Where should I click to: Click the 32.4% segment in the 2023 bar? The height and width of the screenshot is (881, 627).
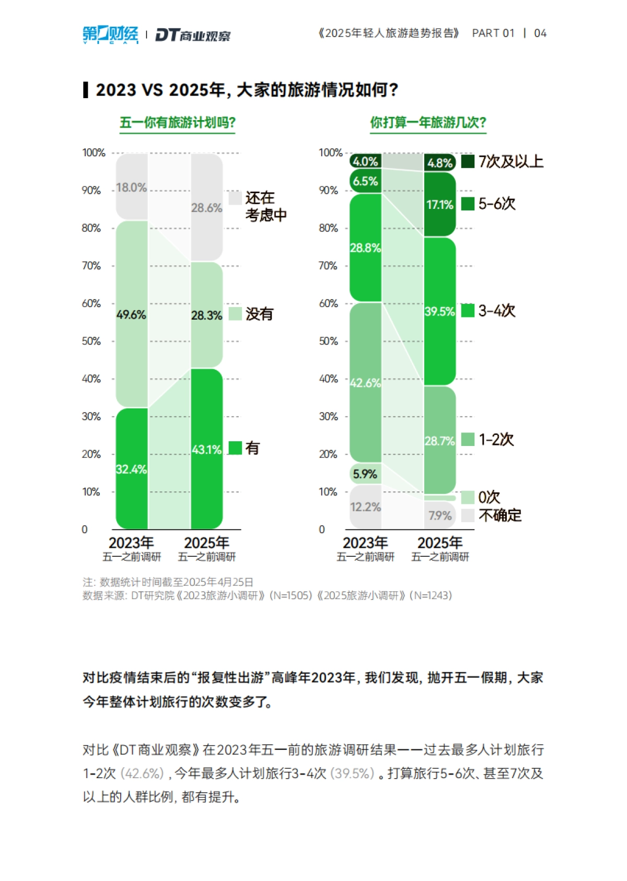pos(132,468)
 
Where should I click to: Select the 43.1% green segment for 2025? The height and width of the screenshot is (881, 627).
pos(207,449)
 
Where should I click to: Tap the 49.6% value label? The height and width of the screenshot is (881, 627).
pos(131,314)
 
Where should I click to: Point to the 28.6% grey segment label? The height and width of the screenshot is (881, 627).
pos(206,208)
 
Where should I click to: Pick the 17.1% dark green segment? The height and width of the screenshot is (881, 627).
pos(440,204)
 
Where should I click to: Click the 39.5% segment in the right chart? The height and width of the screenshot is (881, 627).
pos(440,311)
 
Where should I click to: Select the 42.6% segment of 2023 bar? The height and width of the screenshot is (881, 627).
pos(365,383)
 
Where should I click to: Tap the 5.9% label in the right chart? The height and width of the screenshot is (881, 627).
pos(365,474)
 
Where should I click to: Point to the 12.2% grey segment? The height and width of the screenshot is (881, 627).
pos(365,507)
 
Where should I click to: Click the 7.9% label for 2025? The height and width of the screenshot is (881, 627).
pos(440,515)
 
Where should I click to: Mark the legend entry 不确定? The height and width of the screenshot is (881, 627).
pos(500,515)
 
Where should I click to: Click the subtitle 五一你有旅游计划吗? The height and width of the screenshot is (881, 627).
pos(177,123)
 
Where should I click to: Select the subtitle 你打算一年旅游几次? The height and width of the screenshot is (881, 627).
pos(428,123)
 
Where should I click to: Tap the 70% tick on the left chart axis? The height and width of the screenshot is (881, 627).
pos(91,266)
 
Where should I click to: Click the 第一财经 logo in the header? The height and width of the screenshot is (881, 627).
pos(110,34)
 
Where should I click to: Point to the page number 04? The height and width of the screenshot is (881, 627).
pos(540,33)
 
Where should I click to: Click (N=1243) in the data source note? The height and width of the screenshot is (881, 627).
pos(431,595)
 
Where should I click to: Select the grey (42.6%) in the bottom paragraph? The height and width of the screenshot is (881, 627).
pos(142,773)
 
